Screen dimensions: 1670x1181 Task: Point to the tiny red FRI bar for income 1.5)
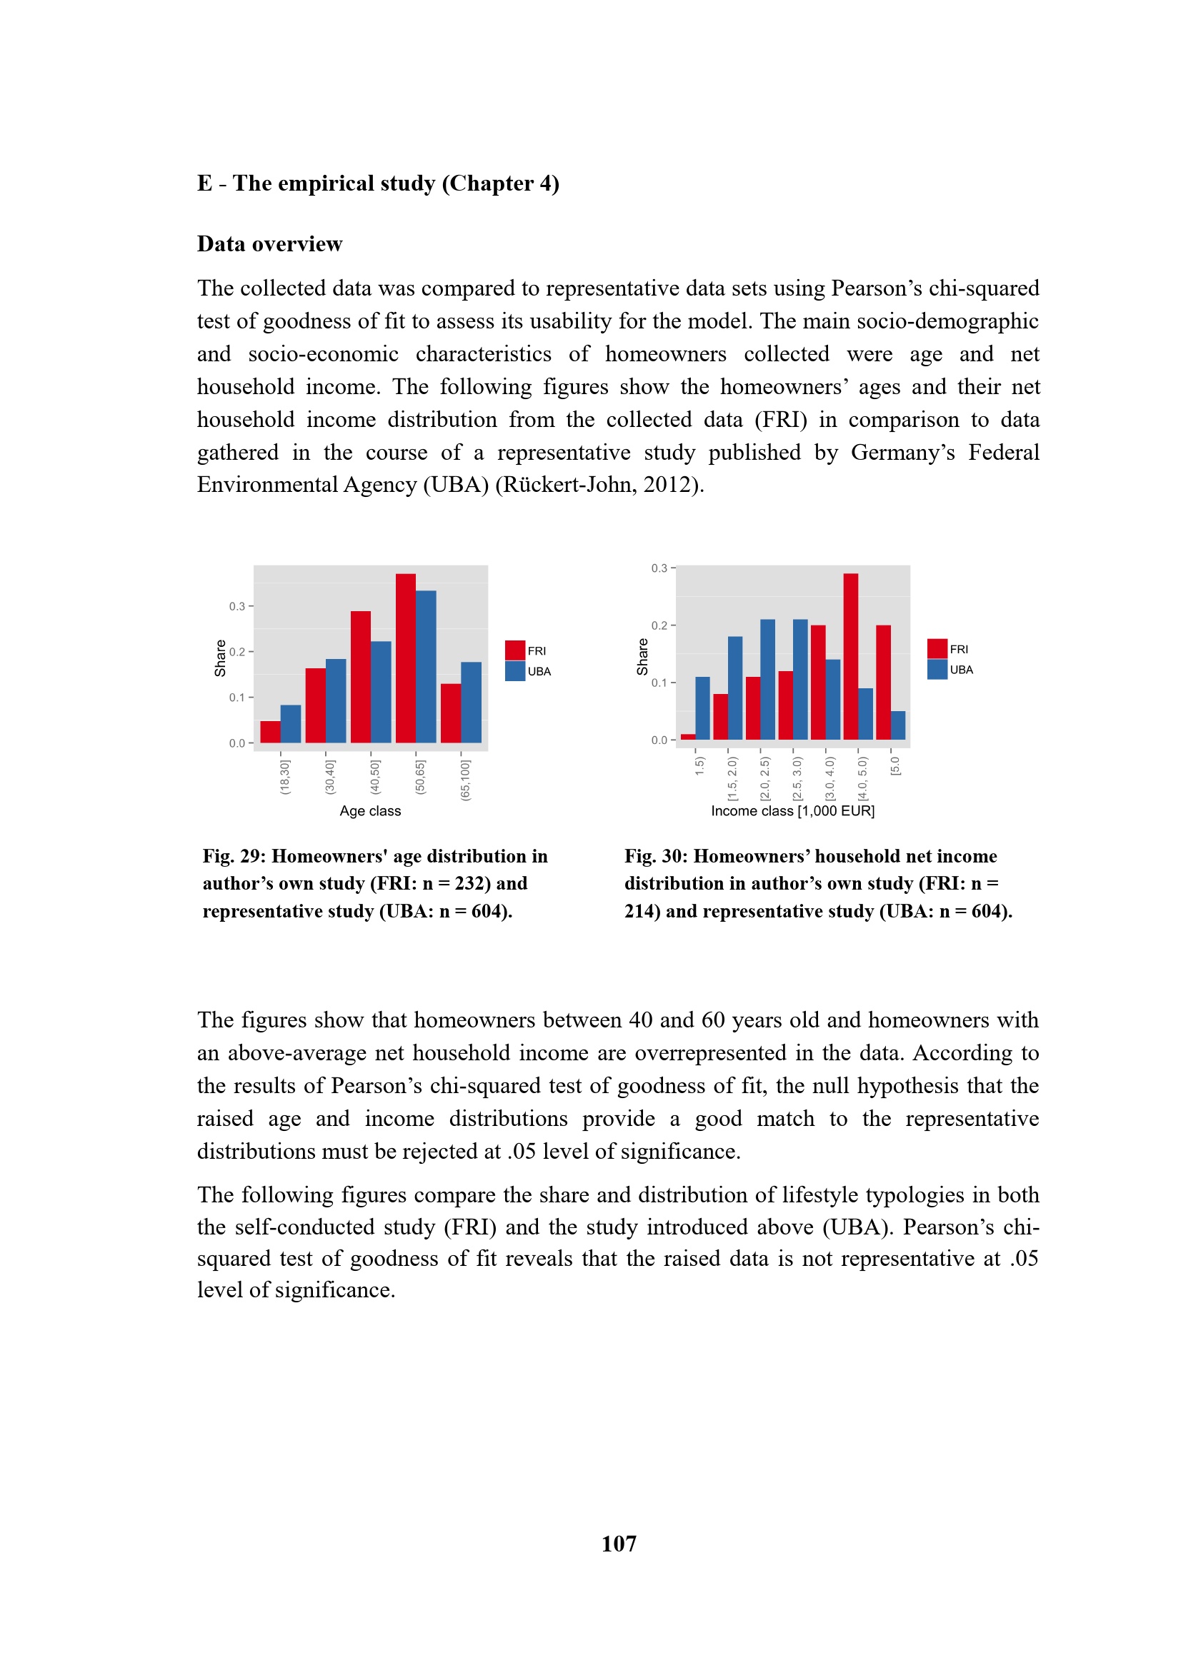[687, 737]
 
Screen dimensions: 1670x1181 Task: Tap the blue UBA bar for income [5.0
[898, 725]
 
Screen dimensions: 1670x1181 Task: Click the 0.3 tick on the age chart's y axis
[238, 606]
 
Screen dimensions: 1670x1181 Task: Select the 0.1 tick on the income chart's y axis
[660, 683]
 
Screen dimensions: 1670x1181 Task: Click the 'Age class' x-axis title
[369, 811]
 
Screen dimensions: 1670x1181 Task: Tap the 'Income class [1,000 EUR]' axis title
[792, 811]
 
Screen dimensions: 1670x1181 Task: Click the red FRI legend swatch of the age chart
[515, 650]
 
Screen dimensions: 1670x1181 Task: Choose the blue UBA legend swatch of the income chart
[937, 669]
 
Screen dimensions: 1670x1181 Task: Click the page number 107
[619, 1544]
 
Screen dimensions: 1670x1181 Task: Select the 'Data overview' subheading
[269, 244]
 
